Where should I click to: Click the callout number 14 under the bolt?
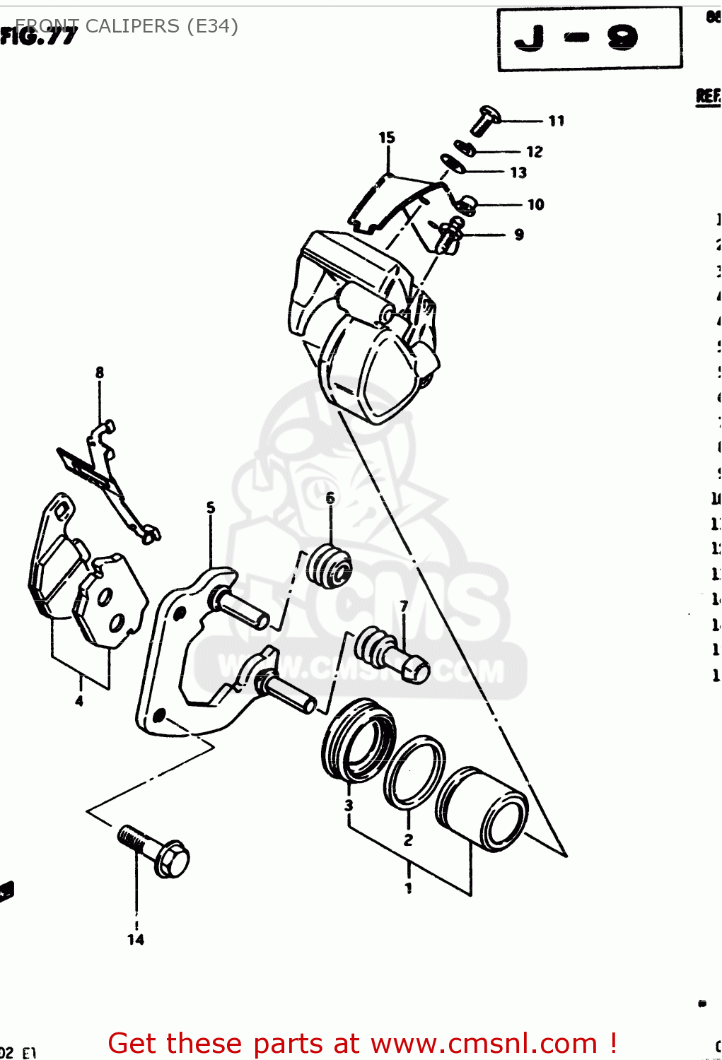click(136, 939)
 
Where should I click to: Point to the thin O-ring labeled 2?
click(414, 772)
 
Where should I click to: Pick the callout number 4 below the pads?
click(79, 701)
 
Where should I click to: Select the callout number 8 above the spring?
click(100, 372)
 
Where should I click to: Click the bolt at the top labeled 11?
click(485, 120)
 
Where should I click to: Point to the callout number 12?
click(535, 152)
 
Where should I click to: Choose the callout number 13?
click(518, 172)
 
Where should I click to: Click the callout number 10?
click(536, 205)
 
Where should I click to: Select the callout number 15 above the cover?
click(387, 138)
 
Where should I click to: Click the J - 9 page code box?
click(590, 39)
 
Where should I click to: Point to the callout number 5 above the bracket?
click(211, 508)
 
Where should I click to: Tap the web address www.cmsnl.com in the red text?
click(484, 1044)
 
